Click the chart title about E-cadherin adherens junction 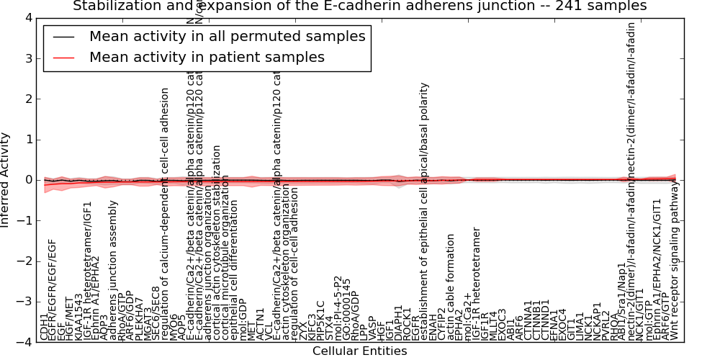coord(359,6)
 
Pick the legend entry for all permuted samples coord(227,36)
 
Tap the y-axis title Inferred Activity coord(6,179)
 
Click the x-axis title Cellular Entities coord(359,351)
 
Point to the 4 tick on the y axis coord(27,17)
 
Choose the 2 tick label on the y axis coord(27,99)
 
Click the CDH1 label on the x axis coord(45,325)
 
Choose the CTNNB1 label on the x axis coord(536,318)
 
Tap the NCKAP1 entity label coord(597,318)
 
